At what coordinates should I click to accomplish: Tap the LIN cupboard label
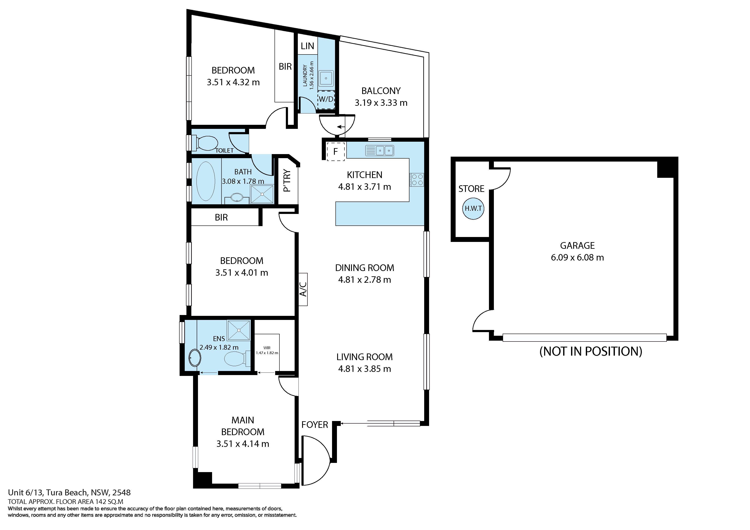pyautogui.click(x=307, y=46)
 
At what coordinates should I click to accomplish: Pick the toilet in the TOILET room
pyautogui.click(x=207, y=143)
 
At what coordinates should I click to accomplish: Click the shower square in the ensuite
pyautogui.click(x=239, y=330)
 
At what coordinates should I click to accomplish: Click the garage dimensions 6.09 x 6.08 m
pyautogui.click(x=577, y=257)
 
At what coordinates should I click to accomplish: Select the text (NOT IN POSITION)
pyautogui.click(x=591, y=351)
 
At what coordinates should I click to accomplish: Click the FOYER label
pyautogui.click(x=314, y=424)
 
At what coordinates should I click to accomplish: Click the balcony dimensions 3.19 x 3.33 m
pyautogui.click(x=381, y=103)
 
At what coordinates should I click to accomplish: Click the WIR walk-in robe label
pyautogui.click(x=267, y=350)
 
